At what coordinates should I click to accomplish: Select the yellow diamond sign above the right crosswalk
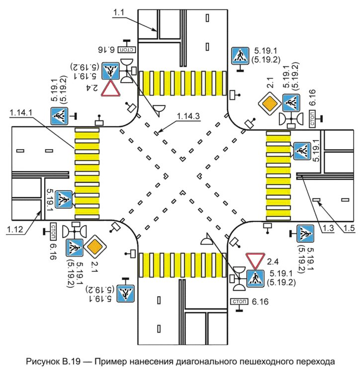[270, 104]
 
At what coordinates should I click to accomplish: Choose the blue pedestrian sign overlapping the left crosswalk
[64, 199]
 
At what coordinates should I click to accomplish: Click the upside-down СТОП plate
[128, 49]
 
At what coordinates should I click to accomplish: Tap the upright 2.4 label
[273, 261]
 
